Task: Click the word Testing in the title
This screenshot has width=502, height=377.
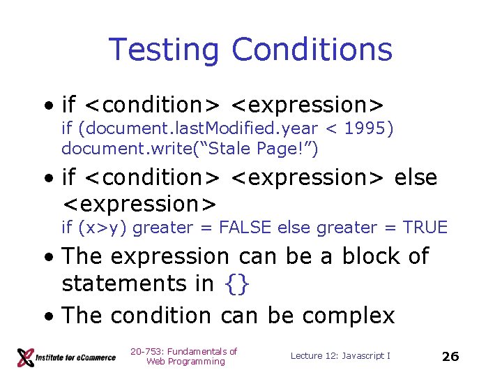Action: (163, 50)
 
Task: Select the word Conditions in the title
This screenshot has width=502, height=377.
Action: (312, 50)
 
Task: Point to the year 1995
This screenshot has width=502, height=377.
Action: (368, 128)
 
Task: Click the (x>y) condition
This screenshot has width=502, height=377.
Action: (103, 227)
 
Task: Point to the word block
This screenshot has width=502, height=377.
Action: (371, 256)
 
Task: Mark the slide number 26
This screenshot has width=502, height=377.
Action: (450, 356)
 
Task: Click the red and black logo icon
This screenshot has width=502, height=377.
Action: (26, 357)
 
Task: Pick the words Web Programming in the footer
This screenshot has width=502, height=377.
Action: (185, 362)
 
